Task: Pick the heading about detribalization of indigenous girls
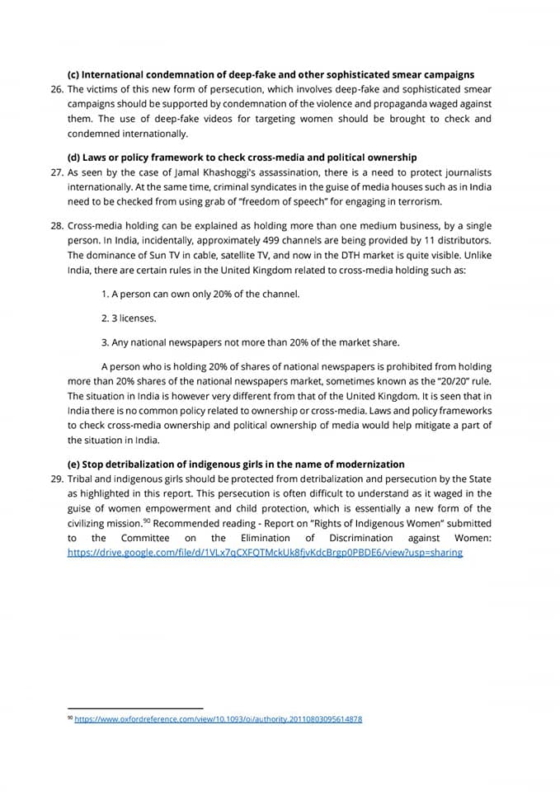(x=236, y=464)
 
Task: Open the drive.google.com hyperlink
(x=265, y=553)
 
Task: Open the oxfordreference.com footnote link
(x=218, y=719)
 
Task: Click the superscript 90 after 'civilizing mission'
(x=146, y=521)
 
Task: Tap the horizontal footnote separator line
(x=135, y=707)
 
